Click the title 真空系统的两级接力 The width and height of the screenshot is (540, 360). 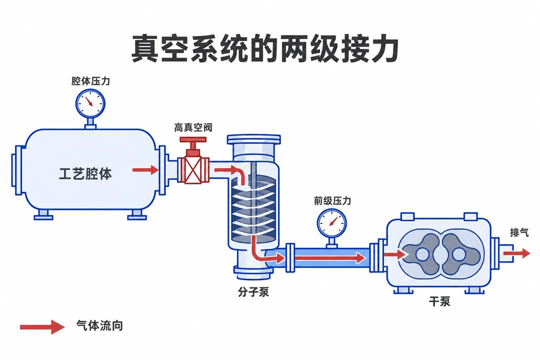tap(265, 48)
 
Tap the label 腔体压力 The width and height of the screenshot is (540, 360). tap(90, 81)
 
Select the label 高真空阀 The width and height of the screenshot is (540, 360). tap(193, 127)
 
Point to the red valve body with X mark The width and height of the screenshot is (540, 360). tap(193, 170)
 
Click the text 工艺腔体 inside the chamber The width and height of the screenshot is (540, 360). tap(85, 174)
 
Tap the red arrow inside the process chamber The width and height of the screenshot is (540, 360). tap(145, 169)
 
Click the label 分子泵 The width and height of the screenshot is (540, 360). tap(253, 292)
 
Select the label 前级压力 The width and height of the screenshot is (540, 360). tap(332, 200)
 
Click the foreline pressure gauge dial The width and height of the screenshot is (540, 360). tap(331, 223)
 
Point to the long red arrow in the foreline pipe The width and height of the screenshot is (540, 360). tap(329, 257)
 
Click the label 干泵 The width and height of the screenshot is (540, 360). tap(439, 301)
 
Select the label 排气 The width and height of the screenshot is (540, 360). tap(519, 232)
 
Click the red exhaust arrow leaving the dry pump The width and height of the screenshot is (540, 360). tap(516, 253)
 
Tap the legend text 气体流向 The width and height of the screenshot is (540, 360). tap(99, 325)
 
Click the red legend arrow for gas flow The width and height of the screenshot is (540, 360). tap(42, 327)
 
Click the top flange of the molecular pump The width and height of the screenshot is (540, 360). tap(254, 139)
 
